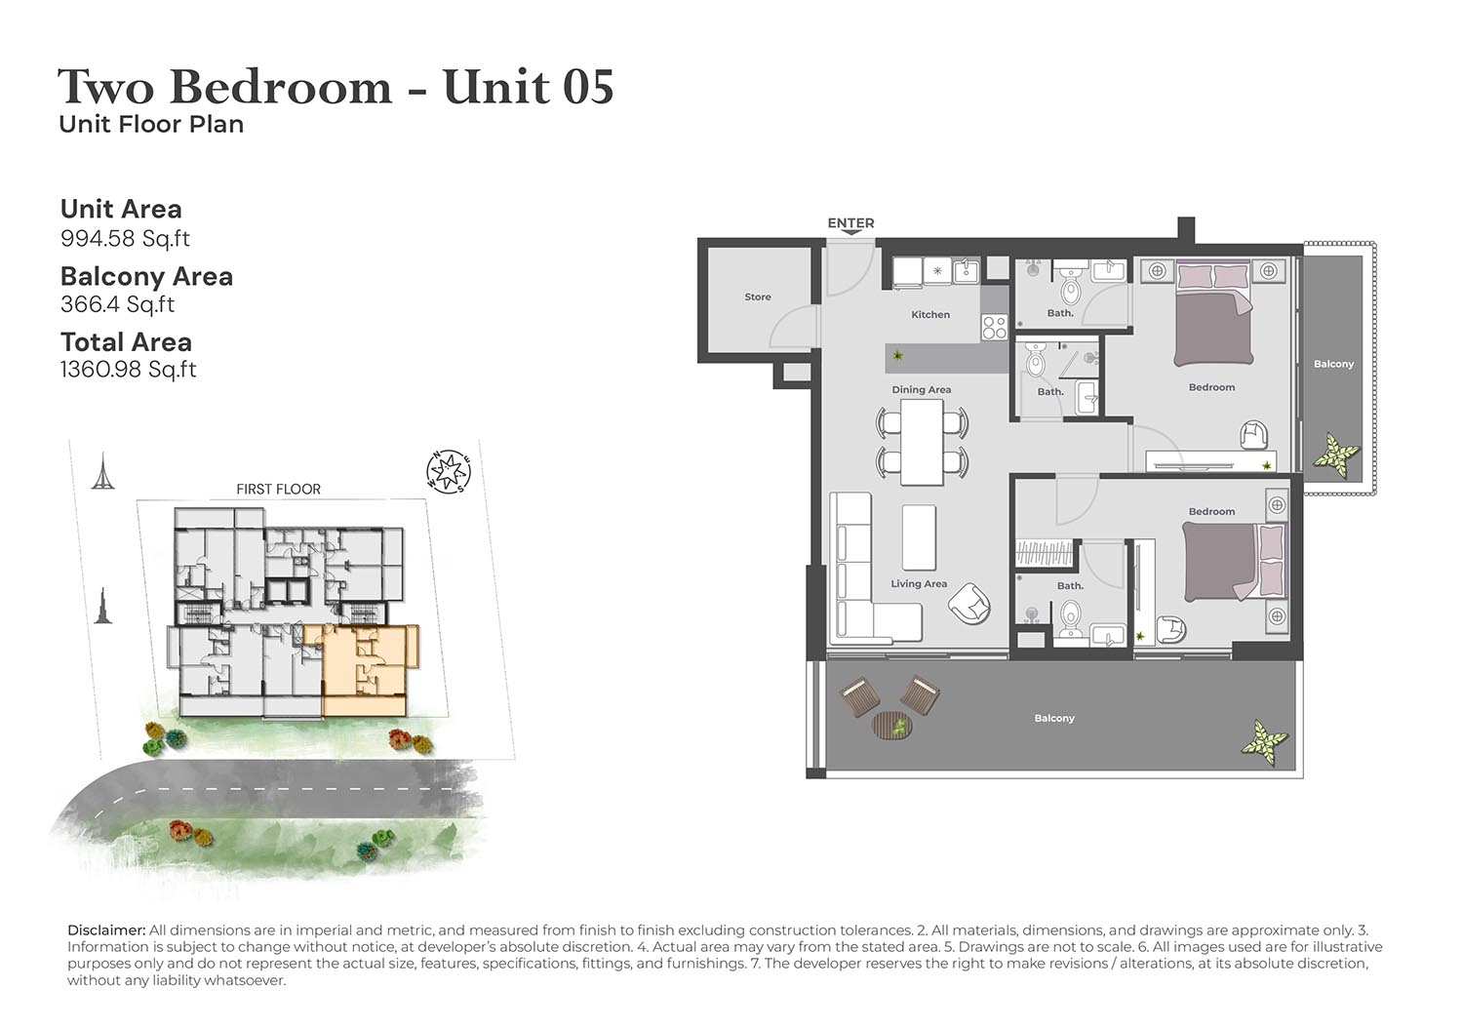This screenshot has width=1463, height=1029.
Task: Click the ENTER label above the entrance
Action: pos(850,222)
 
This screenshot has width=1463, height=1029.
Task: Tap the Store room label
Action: pos(758,297)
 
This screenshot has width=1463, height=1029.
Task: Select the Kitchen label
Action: pos(930,314)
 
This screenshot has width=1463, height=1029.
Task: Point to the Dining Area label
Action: pos(921,389)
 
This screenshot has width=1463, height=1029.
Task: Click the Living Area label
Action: pos(919,583)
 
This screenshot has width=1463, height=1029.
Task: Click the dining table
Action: pos(922,442)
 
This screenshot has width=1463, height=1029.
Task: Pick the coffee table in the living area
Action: pos(919,537)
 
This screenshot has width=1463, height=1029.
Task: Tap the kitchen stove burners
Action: pos(994,328)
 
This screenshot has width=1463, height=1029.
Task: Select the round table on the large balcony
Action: pos(892,726)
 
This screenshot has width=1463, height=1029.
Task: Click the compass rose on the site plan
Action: pos(448,471)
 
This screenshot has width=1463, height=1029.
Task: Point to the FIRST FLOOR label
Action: pos(278,490)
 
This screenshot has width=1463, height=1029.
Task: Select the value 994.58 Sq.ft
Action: pos(125,238)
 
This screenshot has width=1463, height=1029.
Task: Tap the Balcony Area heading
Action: pos(146,276)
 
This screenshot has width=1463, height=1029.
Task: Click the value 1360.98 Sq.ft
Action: pos(128,370)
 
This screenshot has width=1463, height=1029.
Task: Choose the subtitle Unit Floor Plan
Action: pos(151,124)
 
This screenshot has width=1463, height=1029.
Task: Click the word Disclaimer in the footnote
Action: pos(106,930)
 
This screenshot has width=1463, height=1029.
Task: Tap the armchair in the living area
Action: pos(969,603)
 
